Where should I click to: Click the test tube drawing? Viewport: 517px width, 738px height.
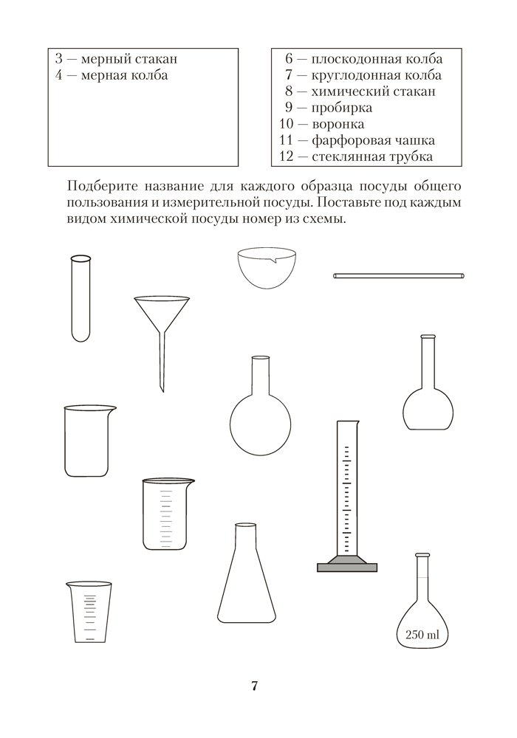(81, 298)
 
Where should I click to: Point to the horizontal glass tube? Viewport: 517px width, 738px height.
(400, 276)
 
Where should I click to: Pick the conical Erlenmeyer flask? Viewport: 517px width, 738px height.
(247, 583)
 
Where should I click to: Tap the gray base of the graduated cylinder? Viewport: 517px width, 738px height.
(348, 567)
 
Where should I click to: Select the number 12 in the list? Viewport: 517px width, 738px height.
(287, 156)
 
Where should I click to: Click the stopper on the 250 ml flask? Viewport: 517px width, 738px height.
(422, 556)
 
